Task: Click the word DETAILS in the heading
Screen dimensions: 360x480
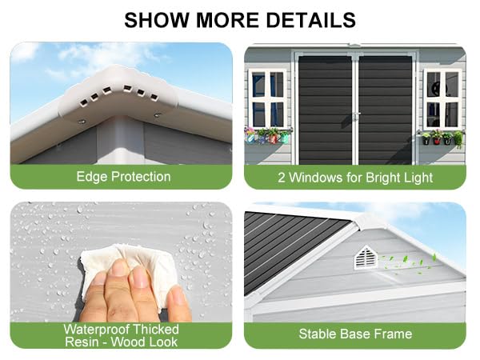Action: [313, 18]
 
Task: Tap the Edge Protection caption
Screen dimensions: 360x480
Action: [122, 177]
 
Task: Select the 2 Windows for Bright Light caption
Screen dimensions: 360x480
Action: [354, 177]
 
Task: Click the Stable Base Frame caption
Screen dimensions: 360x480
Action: [354, 334]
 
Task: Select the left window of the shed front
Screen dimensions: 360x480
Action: [268, 97]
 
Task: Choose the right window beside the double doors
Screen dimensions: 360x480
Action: [442, 97]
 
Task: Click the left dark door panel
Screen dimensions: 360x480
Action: [323, 108]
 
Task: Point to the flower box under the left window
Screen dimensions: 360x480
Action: [268, 135]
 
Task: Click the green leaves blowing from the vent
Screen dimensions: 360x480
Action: [410, 261]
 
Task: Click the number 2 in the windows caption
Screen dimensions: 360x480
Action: [281, 177]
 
